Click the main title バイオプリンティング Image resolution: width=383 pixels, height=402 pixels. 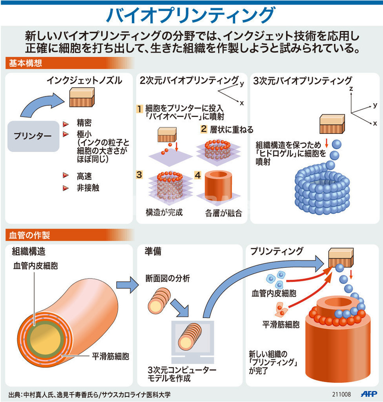191,15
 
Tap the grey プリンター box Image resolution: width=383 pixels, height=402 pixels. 33,136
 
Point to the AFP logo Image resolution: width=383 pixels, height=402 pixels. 367,394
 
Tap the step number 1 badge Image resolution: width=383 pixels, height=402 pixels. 140,109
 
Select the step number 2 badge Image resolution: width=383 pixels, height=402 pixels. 204,129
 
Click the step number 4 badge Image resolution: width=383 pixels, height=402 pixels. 197,175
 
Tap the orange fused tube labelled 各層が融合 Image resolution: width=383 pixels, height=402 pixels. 219,188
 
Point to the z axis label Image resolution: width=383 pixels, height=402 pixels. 351,88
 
